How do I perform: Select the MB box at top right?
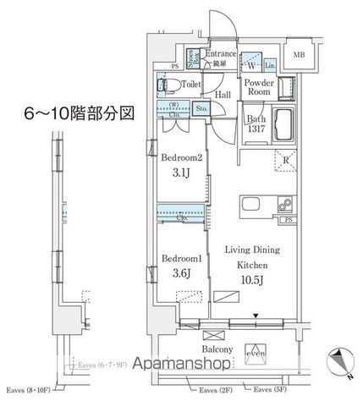tap(300, 55)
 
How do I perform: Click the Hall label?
tap(223, 96)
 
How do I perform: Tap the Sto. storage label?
tap(202, 109)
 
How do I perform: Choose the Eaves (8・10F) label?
tap(28, 391)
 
